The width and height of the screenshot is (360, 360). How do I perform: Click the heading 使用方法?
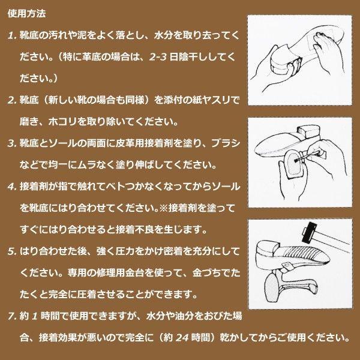pyautogui.click(x=29, y=13)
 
